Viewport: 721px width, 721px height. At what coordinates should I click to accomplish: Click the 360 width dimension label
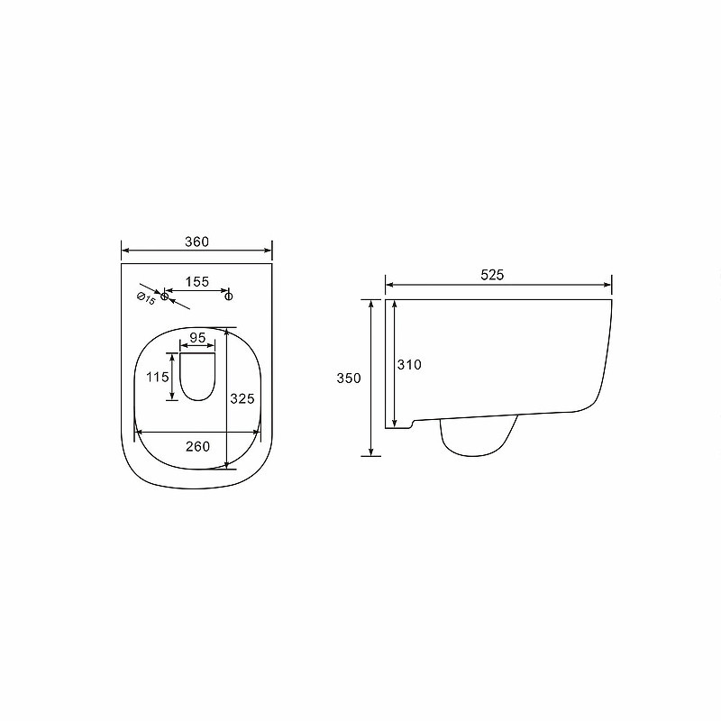196,242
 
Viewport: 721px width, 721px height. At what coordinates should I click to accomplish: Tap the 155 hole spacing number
196,282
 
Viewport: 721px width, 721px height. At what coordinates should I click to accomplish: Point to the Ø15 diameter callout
146,298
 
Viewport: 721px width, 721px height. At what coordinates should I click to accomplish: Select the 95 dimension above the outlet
197,338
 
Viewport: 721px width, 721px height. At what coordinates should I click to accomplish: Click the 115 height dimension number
158,377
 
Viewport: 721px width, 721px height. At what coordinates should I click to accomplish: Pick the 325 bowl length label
242,398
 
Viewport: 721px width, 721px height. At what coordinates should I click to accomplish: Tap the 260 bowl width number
197,446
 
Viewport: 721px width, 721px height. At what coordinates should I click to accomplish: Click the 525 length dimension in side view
492,275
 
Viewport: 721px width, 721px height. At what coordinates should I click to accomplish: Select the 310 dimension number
409,365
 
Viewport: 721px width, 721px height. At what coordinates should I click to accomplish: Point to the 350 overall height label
349,379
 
